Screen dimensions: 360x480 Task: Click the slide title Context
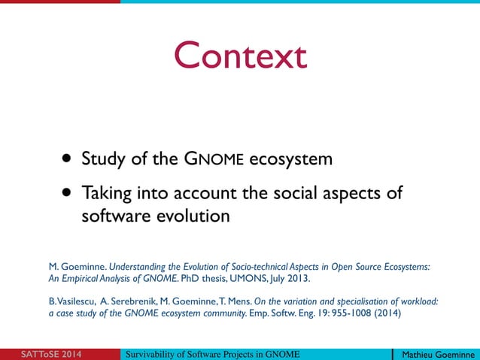click(x=240, y=56)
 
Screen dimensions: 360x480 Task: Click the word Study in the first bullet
click(x=103, y=159)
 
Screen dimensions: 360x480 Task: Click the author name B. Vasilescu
click(x=71, y=302)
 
